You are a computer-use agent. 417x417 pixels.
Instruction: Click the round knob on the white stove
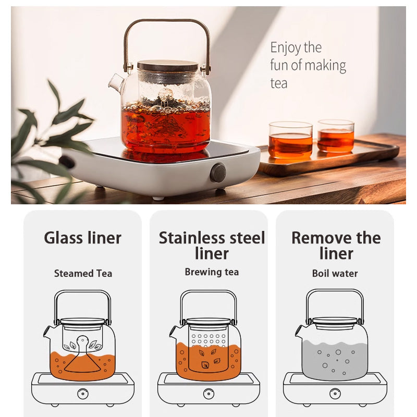[x=218, y=173]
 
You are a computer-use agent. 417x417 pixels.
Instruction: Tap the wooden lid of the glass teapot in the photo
[x=167, y=66]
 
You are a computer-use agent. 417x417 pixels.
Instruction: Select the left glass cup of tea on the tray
[x=290, y=140]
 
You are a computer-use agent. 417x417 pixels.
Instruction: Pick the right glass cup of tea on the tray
[x=336, y=136]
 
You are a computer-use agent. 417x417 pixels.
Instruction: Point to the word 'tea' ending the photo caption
[x=279, y=83]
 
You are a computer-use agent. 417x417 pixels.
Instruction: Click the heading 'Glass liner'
[x=82, y=238]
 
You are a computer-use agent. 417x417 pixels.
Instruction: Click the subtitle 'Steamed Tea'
[x=83, y=273]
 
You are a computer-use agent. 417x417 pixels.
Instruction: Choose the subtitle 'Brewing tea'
[x=212, y=272]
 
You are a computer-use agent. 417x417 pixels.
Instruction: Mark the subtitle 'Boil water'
[x=335, y=273]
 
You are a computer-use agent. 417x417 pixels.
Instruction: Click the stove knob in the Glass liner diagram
[x=83, y=394]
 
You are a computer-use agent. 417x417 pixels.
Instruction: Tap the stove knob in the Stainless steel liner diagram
[x=208, y=394]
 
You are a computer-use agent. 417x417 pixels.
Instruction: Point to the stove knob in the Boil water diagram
[x=335, y=394]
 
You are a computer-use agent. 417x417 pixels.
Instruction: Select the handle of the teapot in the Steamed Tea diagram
[x=83, y=293]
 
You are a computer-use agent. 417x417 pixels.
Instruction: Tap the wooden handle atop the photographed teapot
[x=167, y=22]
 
